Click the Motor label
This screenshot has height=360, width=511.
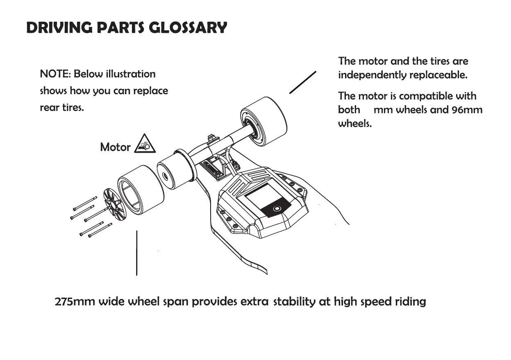[115, 147]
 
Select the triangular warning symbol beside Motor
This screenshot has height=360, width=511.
[144, 144]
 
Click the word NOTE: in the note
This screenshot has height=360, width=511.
[55, 74]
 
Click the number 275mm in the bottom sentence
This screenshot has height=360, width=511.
[75, 302]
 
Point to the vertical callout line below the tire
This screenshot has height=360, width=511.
[136, 253]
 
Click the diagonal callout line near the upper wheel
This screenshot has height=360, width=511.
[302, 82]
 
